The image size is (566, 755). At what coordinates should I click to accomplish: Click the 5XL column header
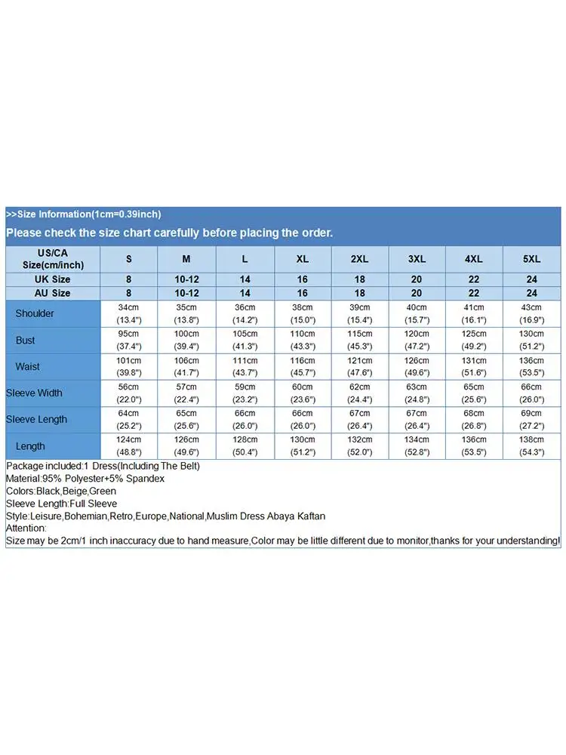click(532, 259)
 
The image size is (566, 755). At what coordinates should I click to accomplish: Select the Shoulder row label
click(35, 313)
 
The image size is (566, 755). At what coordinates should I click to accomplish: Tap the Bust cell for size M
click(186, 340)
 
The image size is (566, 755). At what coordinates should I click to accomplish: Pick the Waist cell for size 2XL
click(360, 366)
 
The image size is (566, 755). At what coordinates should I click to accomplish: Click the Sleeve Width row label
click(34, 393)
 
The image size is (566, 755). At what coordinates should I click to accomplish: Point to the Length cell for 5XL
click(532, 445)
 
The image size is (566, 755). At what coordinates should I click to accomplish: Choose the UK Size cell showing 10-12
click(186, 279)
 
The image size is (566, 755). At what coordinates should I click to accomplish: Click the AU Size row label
click(52, 293)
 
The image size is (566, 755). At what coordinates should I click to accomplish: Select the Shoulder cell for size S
click(129, 313)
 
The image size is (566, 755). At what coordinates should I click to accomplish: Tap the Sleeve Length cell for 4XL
click(474, 419)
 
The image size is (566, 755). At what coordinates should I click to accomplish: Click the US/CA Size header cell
click(52, 259)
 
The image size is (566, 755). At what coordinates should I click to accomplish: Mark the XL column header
click(303, 259)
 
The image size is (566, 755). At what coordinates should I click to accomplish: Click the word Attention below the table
click(26, 528)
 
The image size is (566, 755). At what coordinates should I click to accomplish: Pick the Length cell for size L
click(245, 445)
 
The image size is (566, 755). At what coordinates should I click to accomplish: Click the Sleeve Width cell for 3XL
click(417, 393)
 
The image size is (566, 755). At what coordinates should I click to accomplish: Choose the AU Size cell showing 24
click(532, 293)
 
